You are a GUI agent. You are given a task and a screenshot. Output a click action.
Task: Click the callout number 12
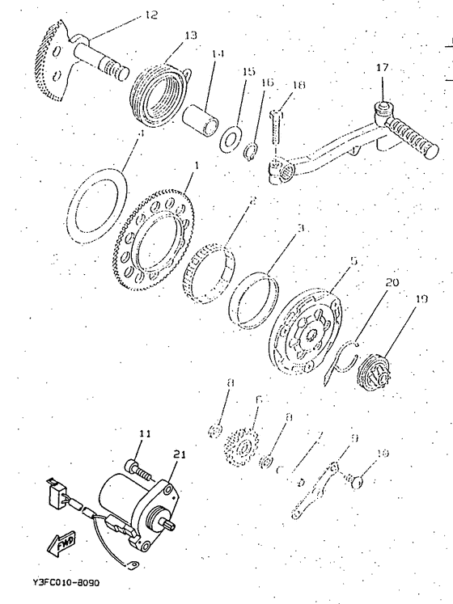[151, 15]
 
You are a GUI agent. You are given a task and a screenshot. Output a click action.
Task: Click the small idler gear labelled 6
[241, 444]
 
